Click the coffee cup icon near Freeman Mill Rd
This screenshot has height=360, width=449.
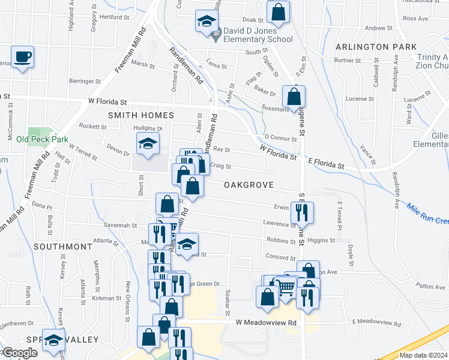pos(23,58)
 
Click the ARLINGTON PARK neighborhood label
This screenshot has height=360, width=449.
pos(376,46)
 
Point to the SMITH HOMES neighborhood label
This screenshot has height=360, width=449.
pos(141,115)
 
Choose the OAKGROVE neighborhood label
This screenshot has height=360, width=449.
pos(249,185)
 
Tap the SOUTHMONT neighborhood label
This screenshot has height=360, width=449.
pos(63,247)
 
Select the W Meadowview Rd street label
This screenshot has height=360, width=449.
pos(267,322)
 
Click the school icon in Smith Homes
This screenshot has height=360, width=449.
pos(146,143)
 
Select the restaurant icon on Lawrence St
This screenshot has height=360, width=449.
pos(301,212)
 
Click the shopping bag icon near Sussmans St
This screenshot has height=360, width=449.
pos(294,96)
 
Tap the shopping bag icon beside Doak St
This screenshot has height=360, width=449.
pos(279,11)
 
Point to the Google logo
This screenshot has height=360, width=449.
pos(19,353)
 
